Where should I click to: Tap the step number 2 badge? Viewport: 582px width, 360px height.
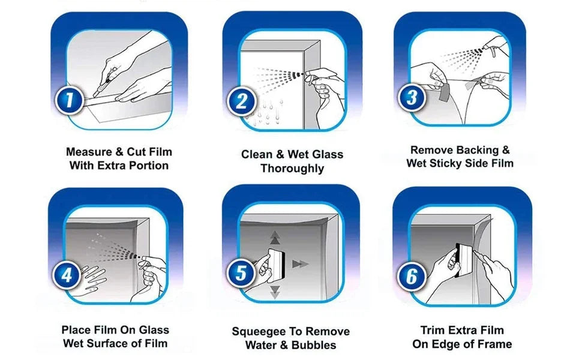[x=241, y=101]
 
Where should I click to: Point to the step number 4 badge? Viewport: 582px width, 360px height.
[x=67, y=275]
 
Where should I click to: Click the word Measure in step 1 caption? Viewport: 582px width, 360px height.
[x=88, y=151]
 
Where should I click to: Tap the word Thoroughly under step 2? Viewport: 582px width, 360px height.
[x=292, y=169]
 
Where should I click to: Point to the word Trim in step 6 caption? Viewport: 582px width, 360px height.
[x=433, y=330]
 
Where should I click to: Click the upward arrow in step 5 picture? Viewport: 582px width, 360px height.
[x=275, y=236]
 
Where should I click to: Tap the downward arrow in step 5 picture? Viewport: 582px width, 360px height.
[x=275, y=292]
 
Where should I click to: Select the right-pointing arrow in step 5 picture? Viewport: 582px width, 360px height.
[x=299, y=264]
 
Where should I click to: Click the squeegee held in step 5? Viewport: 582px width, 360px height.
[x=278, y=262]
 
